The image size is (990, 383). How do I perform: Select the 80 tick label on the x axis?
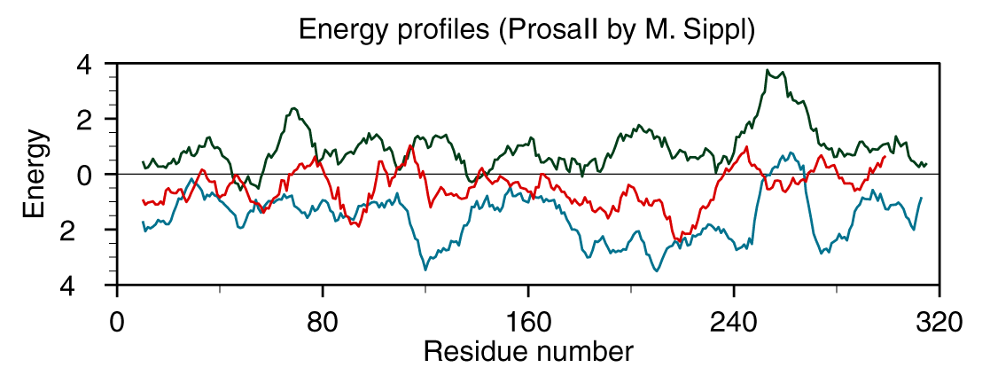323,321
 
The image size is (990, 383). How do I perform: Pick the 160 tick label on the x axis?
528,321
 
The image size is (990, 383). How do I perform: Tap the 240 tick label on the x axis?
734,321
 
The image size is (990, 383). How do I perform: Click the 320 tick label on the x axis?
939,321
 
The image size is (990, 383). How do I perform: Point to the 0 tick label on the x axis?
117,321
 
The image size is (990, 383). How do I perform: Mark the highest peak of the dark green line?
769,70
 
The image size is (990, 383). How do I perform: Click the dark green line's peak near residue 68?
293,109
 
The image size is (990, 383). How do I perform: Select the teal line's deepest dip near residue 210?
656,270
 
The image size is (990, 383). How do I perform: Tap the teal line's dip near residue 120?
425,269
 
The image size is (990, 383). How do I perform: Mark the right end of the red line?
885,156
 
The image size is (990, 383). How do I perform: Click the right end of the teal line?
922,198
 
